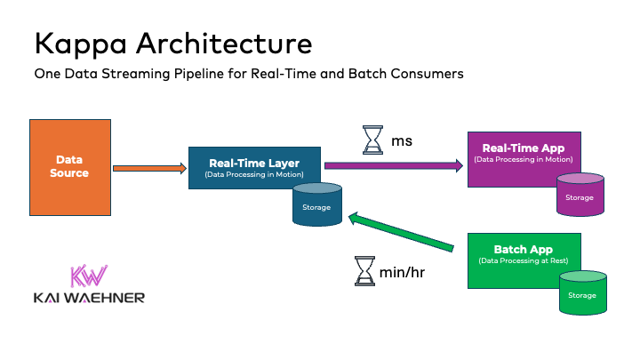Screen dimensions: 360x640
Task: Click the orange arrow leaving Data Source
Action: [149, 168]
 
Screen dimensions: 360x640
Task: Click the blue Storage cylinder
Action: [317, 205]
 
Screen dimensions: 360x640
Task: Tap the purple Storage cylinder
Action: [580, 195]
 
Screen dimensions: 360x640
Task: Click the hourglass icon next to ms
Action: [372, 140]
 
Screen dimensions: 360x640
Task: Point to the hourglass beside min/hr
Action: [364, 270]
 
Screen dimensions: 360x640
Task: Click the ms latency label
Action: [402, 140]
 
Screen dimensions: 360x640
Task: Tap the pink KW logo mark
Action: [89, 276]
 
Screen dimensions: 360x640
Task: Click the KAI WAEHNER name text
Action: [89, 298]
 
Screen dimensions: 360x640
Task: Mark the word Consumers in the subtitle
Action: [426, 75]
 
